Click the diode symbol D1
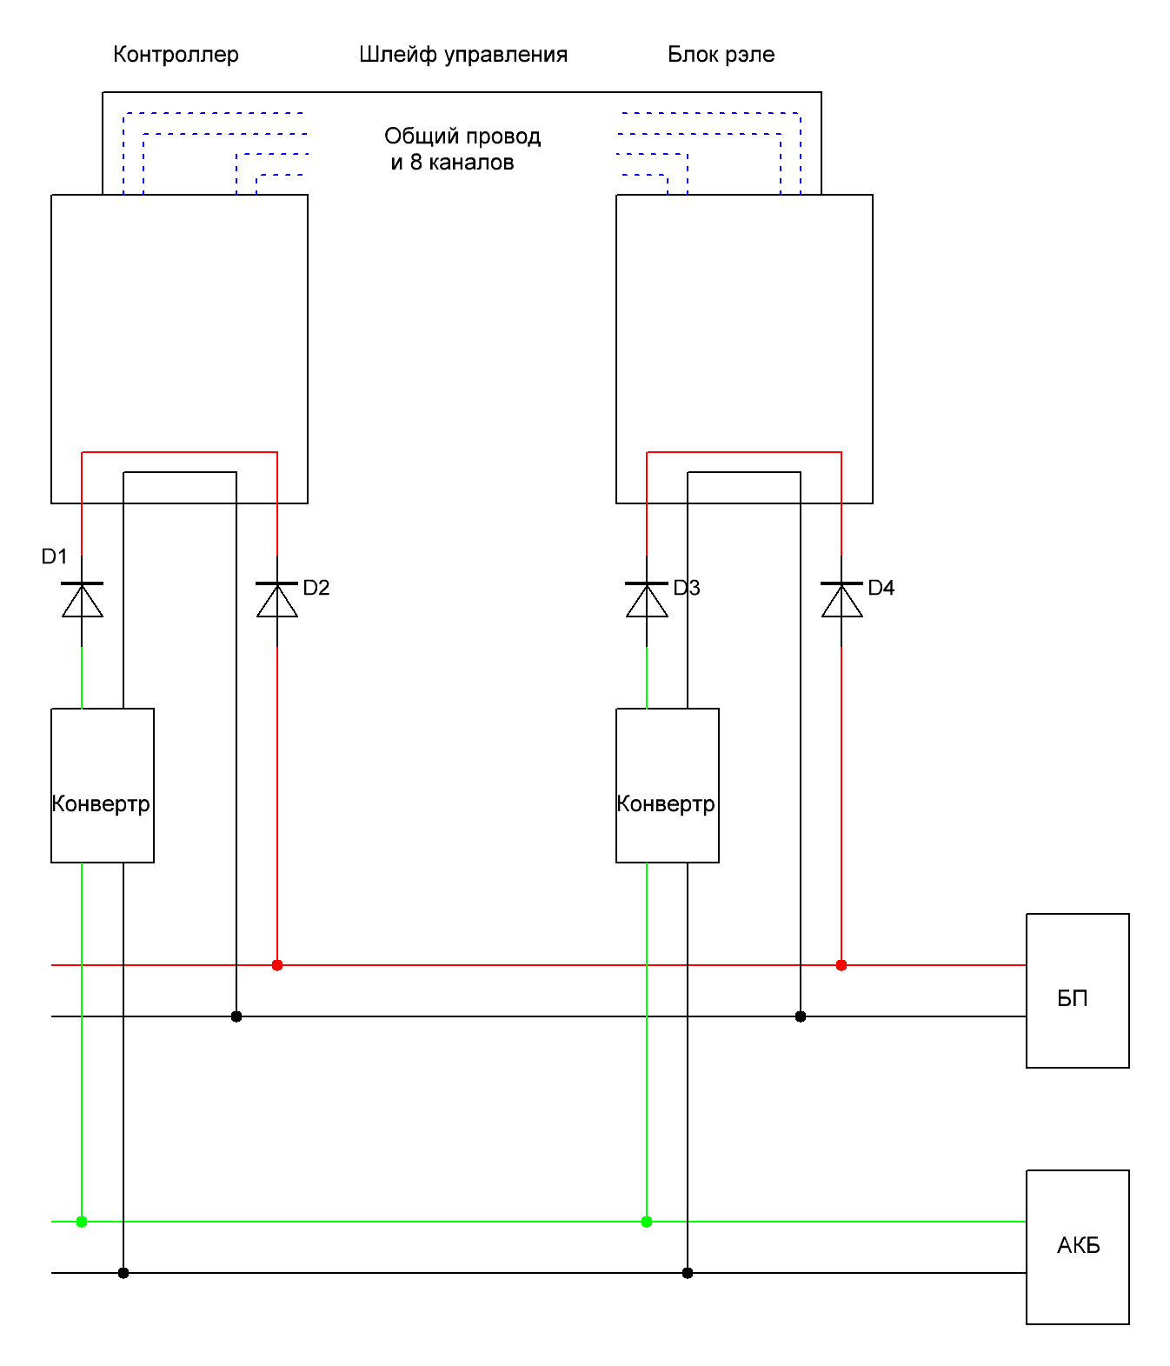click(x=82, y=599)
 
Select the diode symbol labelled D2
click(x=277, y=599)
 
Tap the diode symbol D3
click(x=647, y=599)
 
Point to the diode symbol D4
click(x=841, y=599)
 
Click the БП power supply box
click(x=1077, y=990)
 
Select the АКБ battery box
click(x=1077, y=1246)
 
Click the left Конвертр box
click(x=103, y=785)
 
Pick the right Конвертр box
click(x=667, y=785)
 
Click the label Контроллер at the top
click(x=176, y=55)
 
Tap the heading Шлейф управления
click(x=463, y=55)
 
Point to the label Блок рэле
click(x=721, y=55)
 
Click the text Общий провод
click(x=462, y=137)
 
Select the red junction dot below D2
click(x=277, y=965)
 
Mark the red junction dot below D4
click(x=841, y=965)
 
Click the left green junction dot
click(x=82, y=1222)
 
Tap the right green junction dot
click(x=647, y=1222)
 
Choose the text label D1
click(x=54, y=556)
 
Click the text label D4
click(x=881, y=588)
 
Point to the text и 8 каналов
click(x=452, y=163)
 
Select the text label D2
click(x=316, y=588)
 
